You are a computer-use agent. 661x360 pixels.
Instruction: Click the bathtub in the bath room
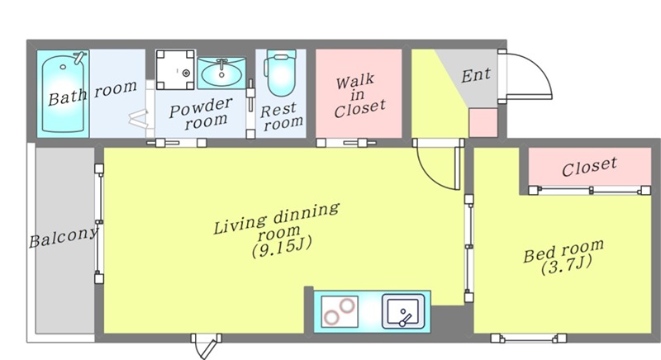point(63,93)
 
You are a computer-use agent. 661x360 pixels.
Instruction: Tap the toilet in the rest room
point(280,73)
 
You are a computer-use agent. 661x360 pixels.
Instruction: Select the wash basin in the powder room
point(221,73)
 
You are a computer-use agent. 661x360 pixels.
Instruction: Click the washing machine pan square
point(175,70)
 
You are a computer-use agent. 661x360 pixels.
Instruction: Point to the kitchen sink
point(403,311)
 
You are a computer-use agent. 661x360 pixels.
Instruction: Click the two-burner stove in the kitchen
point(340,312)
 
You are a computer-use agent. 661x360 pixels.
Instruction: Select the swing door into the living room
point(439,166)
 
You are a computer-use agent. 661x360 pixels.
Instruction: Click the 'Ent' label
point(476,75)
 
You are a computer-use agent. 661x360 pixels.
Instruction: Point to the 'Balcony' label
point(64,238)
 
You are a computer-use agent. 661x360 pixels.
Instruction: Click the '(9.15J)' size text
point(282,246)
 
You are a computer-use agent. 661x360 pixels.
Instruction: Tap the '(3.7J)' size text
point(567,265)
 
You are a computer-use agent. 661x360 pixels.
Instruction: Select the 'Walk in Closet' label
point(359,97)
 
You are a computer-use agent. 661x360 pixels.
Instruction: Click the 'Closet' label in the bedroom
point(589,166)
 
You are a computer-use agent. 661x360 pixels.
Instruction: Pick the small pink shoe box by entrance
point(483,122)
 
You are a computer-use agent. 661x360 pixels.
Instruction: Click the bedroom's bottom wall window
point(529,338)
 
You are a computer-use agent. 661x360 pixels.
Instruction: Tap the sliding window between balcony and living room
point(99,223)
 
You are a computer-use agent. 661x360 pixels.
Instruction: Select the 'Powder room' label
point(200,113)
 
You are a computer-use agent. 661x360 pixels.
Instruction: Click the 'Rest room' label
point(281,116)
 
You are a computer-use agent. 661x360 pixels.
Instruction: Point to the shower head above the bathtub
point(79,57)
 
